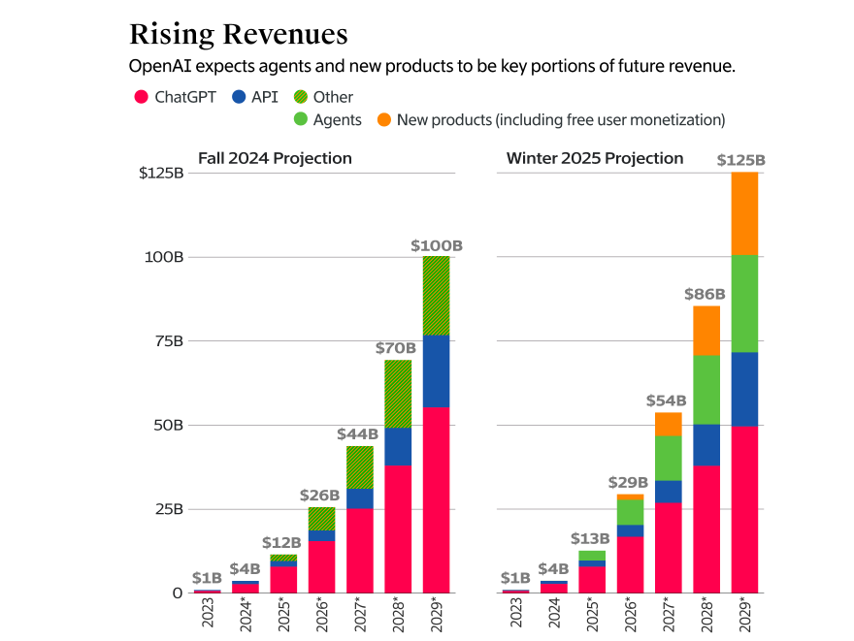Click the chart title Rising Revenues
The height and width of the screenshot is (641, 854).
(x=238, y=35)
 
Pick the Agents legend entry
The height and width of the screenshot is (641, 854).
(x=326, y=120)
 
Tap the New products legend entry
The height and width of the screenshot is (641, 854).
(x=549, y=120)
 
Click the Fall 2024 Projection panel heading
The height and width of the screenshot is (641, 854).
(x=275, y=158)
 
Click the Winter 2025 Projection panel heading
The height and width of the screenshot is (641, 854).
(x=595, y=158)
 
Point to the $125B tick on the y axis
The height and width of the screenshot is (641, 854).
(x=161, y=174)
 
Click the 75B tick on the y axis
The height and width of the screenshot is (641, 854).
(x=164, y=341)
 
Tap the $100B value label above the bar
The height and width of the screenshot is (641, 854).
(x=436, y=246)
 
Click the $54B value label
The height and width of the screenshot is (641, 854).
(x=667, y=401)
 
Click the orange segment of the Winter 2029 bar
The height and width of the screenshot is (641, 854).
(x=744, y=213)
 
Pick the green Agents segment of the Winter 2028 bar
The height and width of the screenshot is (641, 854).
(x=706, y=390)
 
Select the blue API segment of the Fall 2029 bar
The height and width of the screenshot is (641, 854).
(x=436, y=370)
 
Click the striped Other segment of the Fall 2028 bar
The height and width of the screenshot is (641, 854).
(x=398, y=394)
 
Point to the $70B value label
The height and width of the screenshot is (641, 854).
(x=396, y=347)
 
